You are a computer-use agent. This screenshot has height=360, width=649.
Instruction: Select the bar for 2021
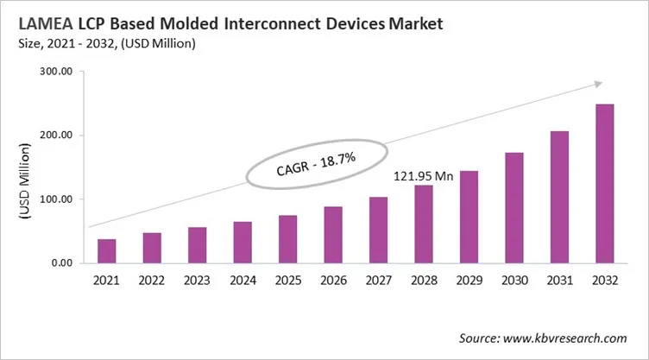(106, 251)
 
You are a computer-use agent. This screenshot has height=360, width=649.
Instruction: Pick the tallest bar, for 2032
(604, 184)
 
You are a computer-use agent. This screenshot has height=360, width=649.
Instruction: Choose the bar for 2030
(514, 208)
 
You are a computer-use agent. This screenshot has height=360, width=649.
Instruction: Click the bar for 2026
(333, 235)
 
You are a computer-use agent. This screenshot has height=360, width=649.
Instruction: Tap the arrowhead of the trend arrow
(595, 84)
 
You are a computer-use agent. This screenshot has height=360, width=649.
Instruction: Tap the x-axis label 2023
(197, 281)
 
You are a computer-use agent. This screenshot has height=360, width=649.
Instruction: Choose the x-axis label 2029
(469, 281)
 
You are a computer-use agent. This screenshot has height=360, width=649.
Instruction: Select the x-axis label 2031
(559, 281)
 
